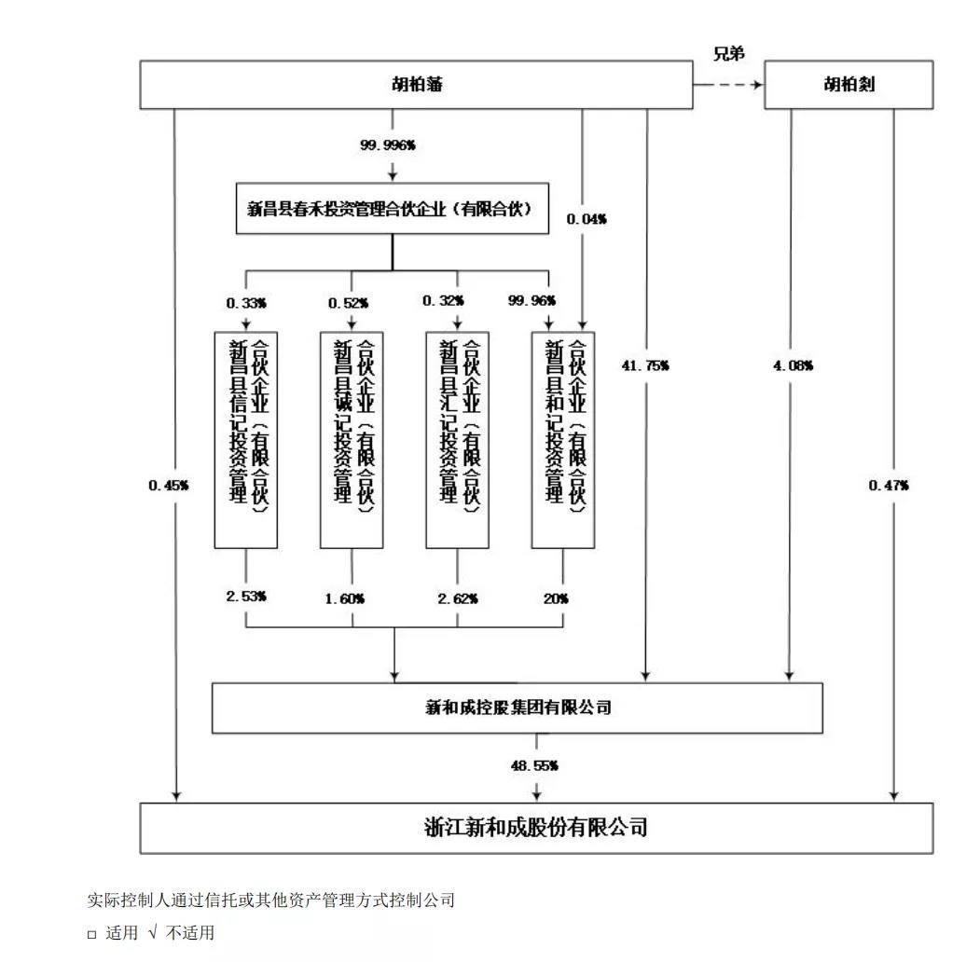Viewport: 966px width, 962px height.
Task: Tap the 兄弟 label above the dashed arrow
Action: (729, 53)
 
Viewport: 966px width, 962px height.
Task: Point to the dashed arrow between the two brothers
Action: (729, 85)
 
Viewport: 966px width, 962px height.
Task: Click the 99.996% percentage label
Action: (388, 144)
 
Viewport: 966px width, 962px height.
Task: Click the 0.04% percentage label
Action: (586, 219)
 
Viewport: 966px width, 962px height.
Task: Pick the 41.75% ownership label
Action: (645, 365)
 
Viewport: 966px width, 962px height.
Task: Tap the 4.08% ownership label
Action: (793, 365)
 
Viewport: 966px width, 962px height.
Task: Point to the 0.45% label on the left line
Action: (168, 486)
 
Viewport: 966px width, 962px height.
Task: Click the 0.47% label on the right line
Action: (889, 486)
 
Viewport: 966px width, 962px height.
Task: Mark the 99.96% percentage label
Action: (531, 300)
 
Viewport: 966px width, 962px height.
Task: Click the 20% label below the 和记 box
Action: (556, 598)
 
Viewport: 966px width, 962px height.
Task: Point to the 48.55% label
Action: (534, 765)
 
